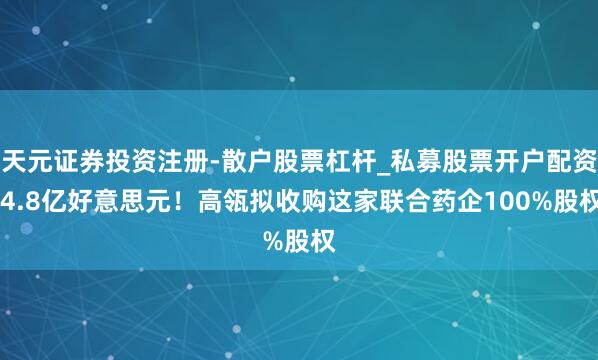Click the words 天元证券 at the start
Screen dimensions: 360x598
pos(49,157)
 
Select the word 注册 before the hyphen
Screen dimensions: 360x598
pos(167,157)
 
